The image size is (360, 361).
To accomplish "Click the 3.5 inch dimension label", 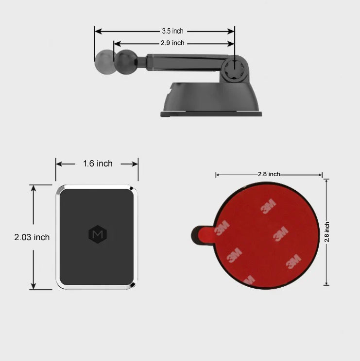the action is click(172, 31).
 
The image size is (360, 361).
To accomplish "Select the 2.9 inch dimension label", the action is click(172, 43).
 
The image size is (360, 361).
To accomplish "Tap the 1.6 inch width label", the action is click(98, 164).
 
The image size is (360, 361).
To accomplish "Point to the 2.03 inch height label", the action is click(32, 237).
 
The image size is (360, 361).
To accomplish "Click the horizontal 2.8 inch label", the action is click(269, 174).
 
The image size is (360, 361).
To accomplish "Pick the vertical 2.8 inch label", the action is click(327, 232).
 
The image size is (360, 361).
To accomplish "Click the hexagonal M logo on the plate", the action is click(98, 234).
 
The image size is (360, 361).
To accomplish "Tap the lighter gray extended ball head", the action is click(105, 62).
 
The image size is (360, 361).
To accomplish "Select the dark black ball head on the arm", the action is click(126, 62).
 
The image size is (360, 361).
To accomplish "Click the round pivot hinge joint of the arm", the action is click(234, 68).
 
